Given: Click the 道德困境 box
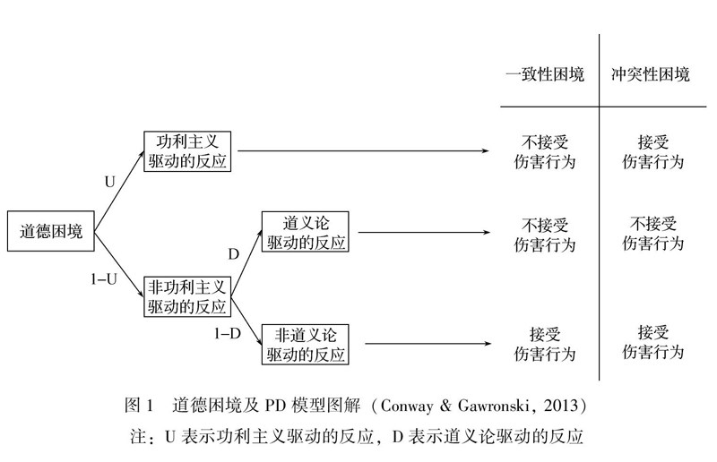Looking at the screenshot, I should tap(52, 232).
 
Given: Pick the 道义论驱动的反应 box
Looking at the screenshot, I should tap(306, 232).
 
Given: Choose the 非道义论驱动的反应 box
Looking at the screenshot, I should tap(306, 344).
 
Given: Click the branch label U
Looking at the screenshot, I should tap(110, 181).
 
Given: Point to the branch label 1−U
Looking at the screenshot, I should tap(106, 278).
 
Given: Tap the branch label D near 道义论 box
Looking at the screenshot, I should tap(233, 254).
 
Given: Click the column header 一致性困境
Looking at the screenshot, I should tap(545, 74).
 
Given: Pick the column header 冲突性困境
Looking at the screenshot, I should tap(651, 74).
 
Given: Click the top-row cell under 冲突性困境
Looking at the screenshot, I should tap(651, 152).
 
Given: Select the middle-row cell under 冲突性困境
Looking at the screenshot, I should tap(651, 233).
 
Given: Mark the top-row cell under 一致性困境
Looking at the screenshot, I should tap(545, 152).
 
